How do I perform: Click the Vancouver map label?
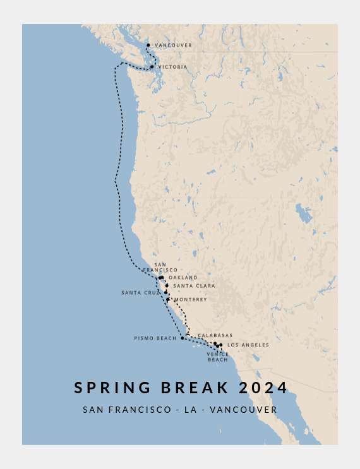[x=173, y=45]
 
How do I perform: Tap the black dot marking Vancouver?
[x=148, y=45]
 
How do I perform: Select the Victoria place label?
[x=172, y=67]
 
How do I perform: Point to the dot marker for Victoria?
[x=152, y=67]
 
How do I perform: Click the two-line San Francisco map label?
[x=160, y=267]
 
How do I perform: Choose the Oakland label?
[x=183, y=278]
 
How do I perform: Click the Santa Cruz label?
[x=141, y=293]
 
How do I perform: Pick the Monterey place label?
[x=190, y=300]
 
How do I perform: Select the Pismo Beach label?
[x=155, y=338]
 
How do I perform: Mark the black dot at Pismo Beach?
[x=183, y=338]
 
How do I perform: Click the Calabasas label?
[x=215, y=336]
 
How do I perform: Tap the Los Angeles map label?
[x=248, y=345]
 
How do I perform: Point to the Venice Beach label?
[x=218, y=357]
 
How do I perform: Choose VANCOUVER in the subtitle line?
[x=243, y=410]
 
